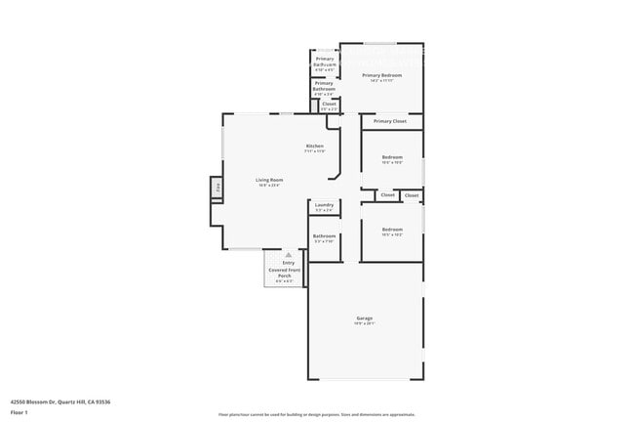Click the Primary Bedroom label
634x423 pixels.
(x=381, y=75)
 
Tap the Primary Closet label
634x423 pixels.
(x=389, y=121)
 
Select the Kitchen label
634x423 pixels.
(x=314, y=147)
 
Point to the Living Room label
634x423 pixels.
(x=269, y=180)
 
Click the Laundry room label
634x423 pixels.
(x=324, y=205)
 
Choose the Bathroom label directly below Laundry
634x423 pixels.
(x=324, y=235)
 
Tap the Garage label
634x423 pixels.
(x=365, y=317)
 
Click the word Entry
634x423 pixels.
(x=288, y=263)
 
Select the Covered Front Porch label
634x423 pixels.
(x=285, y=273)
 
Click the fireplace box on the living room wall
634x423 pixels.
(x=217, y=188)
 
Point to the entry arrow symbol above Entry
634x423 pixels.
(x=289, y=254)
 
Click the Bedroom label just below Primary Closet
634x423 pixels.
(x=392, y=157)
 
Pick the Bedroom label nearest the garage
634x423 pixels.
(x=392, y=230)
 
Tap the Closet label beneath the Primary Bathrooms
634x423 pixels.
(x=329, y=104)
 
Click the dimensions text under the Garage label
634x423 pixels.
(x=365, y=323)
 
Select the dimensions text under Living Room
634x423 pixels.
(x=269, y=186)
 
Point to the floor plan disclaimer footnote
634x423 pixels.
(x=317, y=414)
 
